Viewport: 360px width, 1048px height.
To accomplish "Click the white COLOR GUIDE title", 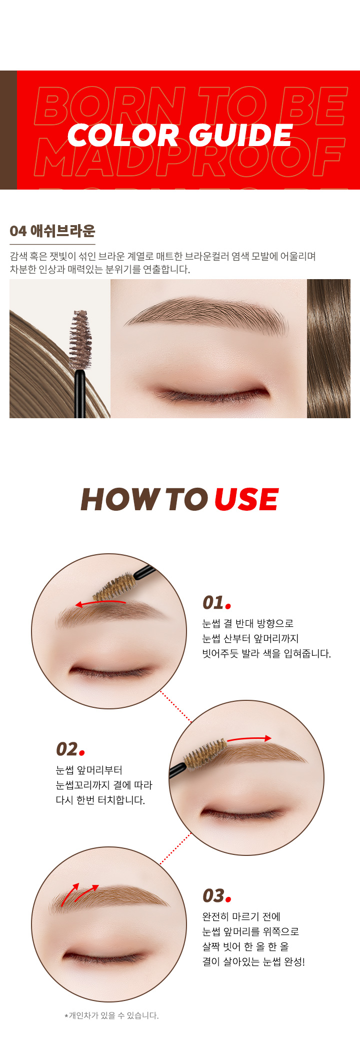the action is (179, 135).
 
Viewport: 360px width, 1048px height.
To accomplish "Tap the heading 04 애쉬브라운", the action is (52, 231).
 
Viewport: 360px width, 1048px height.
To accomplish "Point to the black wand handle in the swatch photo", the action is (80, 394).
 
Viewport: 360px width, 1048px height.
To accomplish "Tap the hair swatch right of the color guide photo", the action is (328, 349).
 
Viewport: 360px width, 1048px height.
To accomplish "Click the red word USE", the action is (246, 499).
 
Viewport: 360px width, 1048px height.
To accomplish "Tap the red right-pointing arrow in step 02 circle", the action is (249, 738).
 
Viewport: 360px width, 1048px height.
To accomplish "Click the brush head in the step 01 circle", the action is (114, 587).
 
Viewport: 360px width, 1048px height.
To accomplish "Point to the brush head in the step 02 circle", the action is (204, 755).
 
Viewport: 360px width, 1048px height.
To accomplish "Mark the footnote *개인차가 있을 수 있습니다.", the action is (111, 1015).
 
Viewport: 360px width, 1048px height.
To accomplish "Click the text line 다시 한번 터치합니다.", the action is (100, 800).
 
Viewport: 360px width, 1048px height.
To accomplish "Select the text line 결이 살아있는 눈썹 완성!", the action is (253, 961).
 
